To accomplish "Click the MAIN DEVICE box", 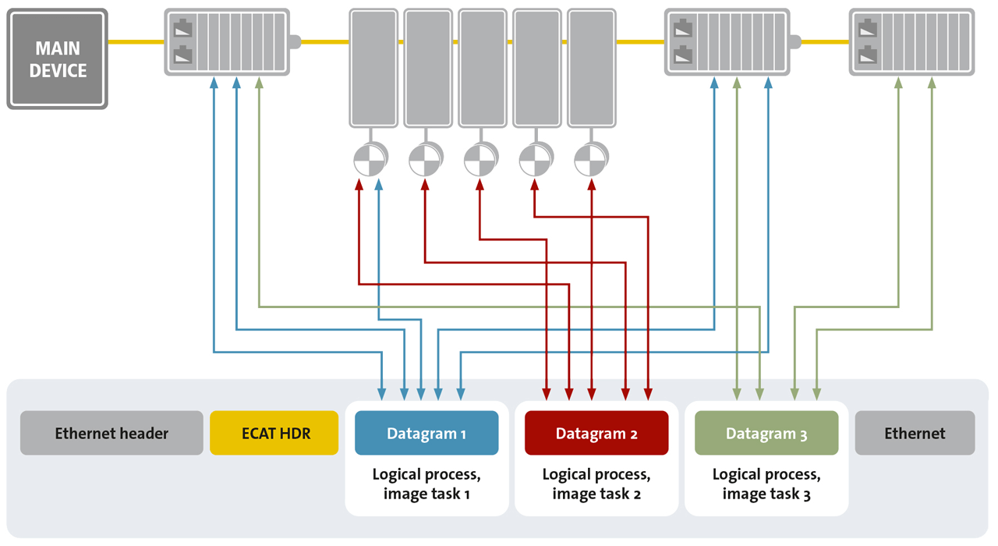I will [57, 59].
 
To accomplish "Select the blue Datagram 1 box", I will [426, 433].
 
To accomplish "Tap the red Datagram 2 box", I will [596, 433].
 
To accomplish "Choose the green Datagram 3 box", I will [766, 433].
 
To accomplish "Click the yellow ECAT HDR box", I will [274, 433].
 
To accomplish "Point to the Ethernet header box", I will [111, 433].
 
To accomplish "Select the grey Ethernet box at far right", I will [915, 433].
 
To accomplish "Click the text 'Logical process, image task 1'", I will [426, 484].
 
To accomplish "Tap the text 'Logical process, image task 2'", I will [596, 484].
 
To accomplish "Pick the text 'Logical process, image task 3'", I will [766, 484].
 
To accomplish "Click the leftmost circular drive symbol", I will [370, 161].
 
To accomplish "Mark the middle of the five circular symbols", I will [480, 161].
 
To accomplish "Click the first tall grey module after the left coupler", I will [373, 68].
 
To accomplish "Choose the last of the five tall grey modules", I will [591, 68].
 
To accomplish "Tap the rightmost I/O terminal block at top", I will [911, 42].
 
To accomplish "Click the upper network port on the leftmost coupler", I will [182, 30].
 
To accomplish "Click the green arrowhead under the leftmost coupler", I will [260, 81].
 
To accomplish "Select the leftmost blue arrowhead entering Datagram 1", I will [382, 392].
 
